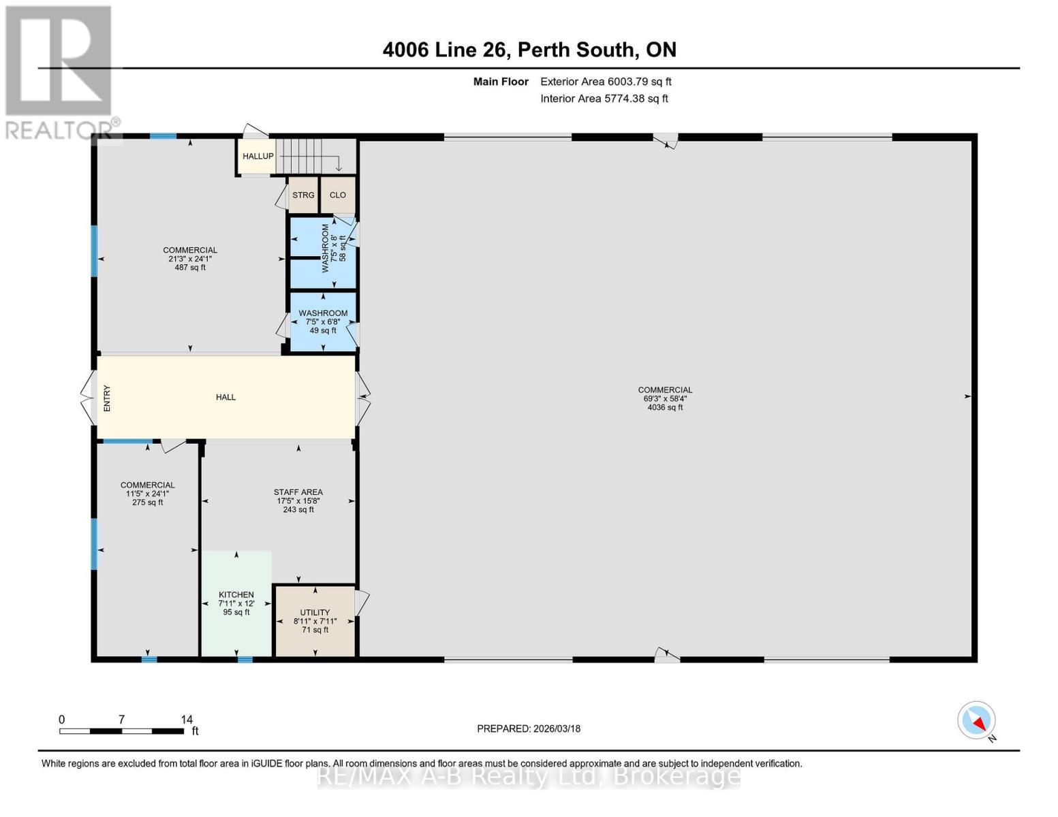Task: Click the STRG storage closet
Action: click(x=303, y=195)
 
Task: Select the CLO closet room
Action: click(x=338, y=195)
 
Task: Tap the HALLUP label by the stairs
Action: click(x=258, y=156)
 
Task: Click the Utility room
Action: click(x=315, y=621)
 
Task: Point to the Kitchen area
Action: click(x=236, y=603)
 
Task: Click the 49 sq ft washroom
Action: click(x=324, y=321)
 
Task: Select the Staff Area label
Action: click(x=298, y=492)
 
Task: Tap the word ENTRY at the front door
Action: click(x=107, y=398)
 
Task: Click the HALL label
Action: click(x=226, y=397)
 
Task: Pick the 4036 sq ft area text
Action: click(x=665, y=407)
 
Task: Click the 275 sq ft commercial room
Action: click(x=148, y=550)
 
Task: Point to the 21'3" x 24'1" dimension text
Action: click(x=190, y=259)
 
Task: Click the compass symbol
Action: click(x=976, y=720)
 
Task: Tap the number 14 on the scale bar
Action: click(x=187, y=719)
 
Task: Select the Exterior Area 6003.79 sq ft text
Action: click(x=606, y=82)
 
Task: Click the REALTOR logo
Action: click(x=61, y=73)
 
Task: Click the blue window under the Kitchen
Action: click(x=245, y=660)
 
